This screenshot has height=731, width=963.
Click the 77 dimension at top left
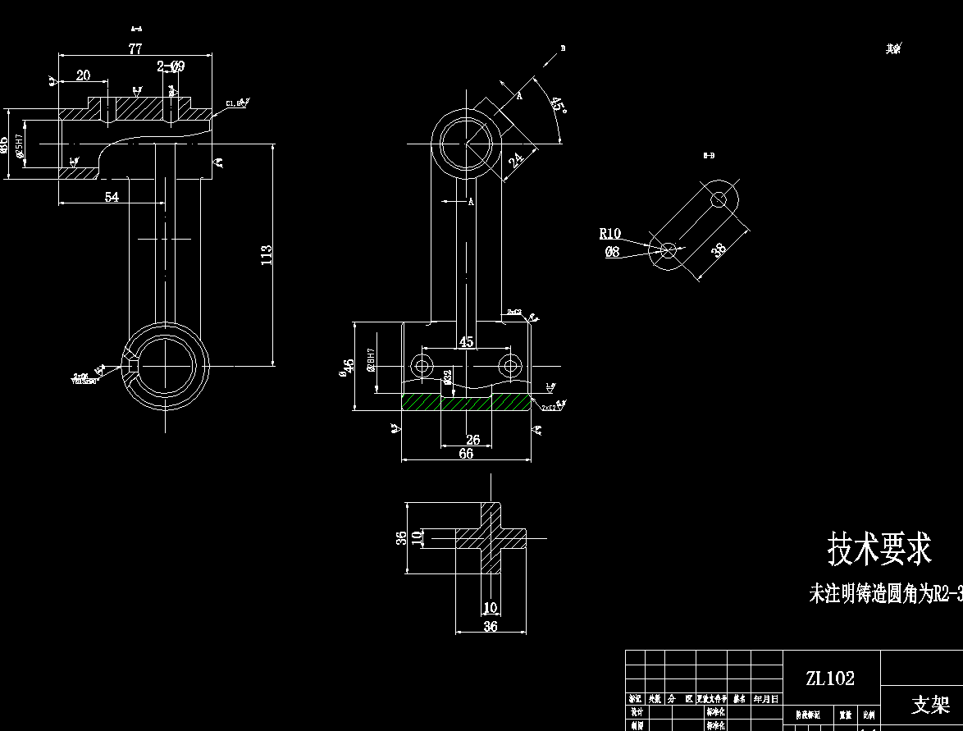(x=135, y=49)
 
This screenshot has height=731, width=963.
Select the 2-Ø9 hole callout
(x=171, y=66)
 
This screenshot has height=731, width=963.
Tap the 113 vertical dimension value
(x=266, y=254)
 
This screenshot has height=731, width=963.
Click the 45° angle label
(x=557, y=105)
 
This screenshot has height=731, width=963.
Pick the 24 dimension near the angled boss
(x=515, y=158)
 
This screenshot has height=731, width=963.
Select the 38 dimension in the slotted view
(x=719, y=250)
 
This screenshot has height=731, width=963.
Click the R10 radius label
(x=609, y=234)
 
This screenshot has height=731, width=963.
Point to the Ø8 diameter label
(x=612, y=253)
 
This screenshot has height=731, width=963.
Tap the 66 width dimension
(x=466, y=454)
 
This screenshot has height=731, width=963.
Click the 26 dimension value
(x=472, y=441)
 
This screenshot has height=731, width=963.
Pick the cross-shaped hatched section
(x=491, y=538)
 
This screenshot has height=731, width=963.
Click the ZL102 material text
(x=829, y=678)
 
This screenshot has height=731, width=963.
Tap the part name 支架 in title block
(x=930, y=705)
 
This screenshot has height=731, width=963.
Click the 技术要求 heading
(x=879, y=549)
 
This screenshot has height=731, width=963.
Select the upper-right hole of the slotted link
(x=719, y=199)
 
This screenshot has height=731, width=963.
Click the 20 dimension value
(x=83, y=75)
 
